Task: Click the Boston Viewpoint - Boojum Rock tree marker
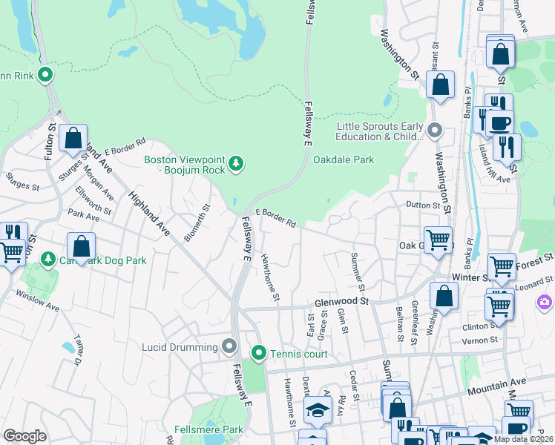point(236,162)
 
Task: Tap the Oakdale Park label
point(344,159)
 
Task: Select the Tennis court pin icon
point(258,353)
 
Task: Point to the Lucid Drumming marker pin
point(229,346)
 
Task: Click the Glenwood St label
point(341,301)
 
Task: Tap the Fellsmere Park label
point(208,429)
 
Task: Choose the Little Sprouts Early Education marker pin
point(436,131)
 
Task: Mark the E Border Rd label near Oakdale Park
point(276,217)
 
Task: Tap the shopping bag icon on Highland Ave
point(73,139)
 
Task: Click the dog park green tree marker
point(48,260)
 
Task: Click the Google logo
point(25,435)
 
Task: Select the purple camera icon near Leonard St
point(544,302)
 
